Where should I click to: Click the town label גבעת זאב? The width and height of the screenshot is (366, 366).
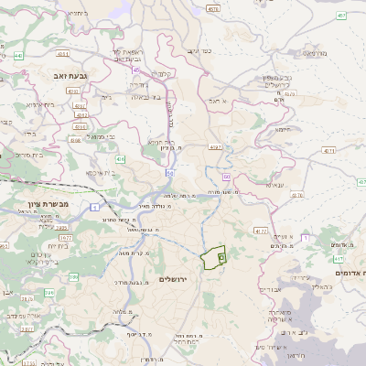coord(66,79)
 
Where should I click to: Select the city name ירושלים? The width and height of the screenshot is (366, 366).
coord(173,278)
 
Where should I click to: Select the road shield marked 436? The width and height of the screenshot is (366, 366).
coord(75,140)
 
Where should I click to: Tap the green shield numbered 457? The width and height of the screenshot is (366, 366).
coord(340,16)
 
